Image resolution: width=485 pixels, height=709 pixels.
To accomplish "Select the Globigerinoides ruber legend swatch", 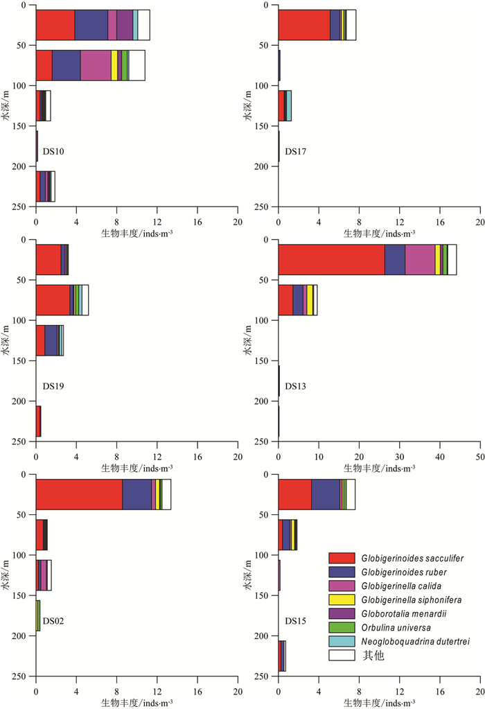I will tap(342, 572).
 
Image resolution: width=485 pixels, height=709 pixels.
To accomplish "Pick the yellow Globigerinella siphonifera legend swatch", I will tap(342, 599).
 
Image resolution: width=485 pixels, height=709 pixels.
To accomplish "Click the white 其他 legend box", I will tap(342, 655).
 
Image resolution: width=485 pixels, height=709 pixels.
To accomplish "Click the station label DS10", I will tap(53, 151).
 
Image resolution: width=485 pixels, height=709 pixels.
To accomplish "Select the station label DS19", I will tap(53, 386).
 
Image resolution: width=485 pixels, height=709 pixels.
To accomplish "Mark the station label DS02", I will tap(53, 621).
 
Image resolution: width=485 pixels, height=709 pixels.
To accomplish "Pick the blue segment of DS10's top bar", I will tap(91, 25).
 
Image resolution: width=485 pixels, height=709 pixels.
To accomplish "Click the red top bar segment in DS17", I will tap(304, 25).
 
